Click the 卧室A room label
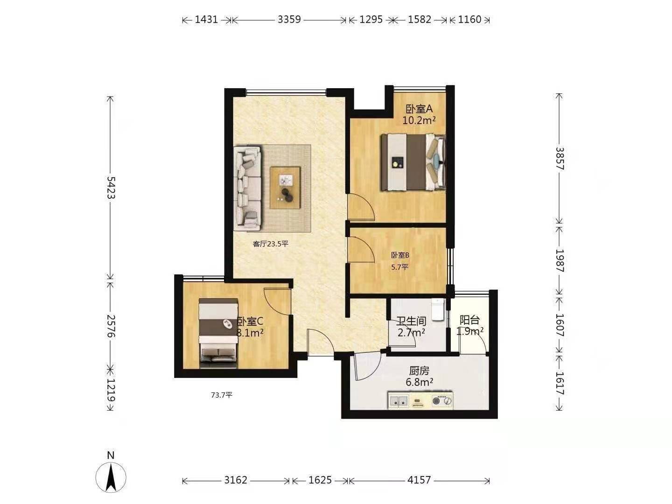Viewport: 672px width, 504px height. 419,109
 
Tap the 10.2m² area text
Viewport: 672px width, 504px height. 419,120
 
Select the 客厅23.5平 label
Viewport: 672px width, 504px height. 270,244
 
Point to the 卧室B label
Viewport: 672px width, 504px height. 400,255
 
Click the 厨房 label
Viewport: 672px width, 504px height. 419,371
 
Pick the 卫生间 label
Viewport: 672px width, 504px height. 411,321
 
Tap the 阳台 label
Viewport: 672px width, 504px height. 469,320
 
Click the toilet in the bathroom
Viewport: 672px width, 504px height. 437,309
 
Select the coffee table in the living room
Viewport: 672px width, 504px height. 285,188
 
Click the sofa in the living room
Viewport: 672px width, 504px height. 247,188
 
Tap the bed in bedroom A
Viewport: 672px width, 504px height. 413,162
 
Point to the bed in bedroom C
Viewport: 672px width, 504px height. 218,333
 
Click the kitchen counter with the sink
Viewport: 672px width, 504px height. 420,400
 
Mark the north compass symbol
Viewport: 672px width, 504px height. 111,477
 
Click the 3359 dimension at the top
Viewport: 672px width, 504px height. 289,20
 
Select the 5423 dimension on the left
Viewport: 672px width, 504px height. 111,188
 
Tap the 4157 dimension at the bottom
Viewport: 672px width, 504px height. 419,480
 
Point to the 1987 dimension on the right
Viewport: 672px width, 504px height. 560,261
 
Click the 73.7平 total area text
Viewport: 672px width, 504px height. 222,395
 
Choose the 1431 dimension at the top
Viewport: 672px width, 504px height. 206,20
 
